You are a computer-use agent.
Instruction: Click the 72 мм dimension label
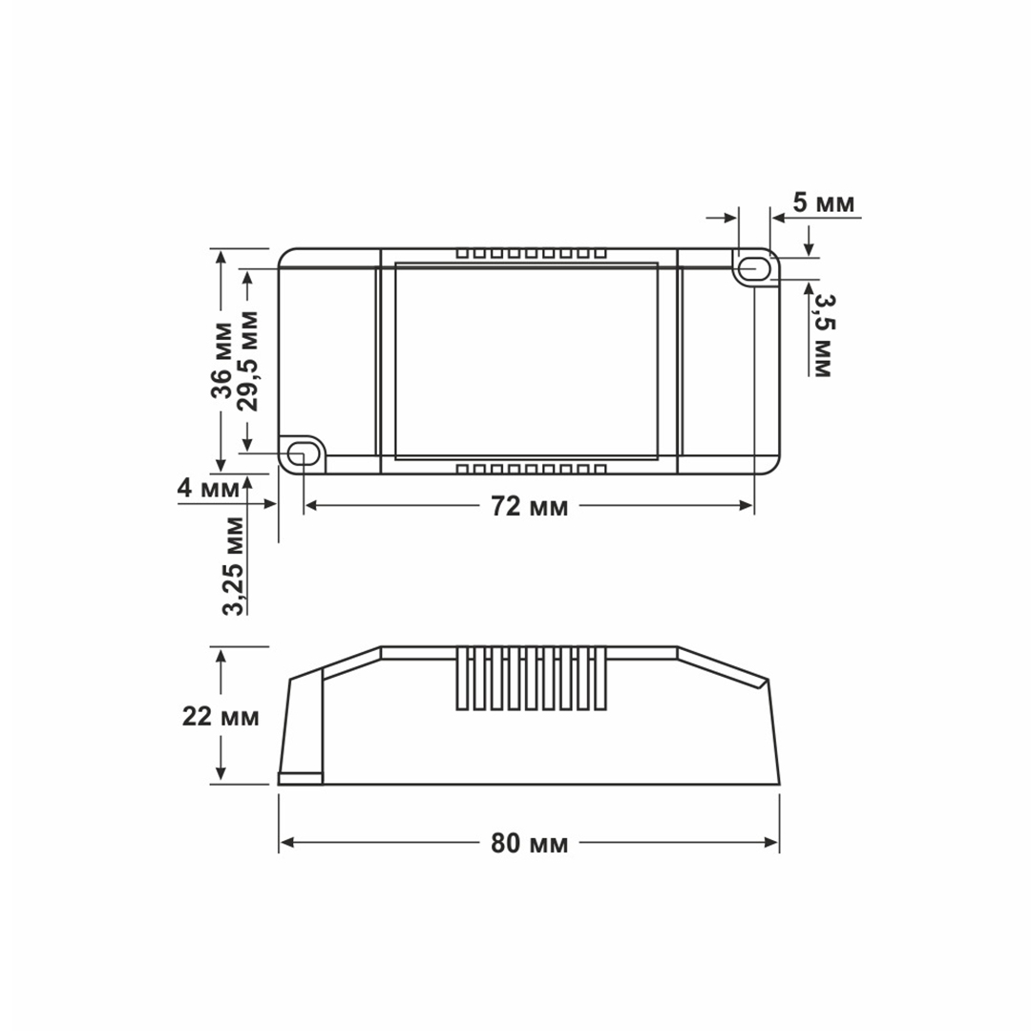click(529, 506)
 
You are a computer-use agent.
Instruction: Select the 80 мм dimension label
click(529, 843)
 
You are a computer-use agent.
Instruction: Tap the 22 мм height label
click(221, 716)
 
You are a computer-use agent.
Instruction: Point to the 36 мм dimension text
click(221, 360)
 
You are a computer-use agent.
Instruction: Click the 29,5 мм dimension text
click(248, 361)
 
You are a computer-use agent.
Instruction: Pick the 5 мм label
click(823, 203)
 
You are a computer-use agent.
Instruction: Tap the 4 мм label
click(208, 489)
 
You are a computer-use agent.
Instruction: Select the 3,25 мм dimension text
click(234, 566)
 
